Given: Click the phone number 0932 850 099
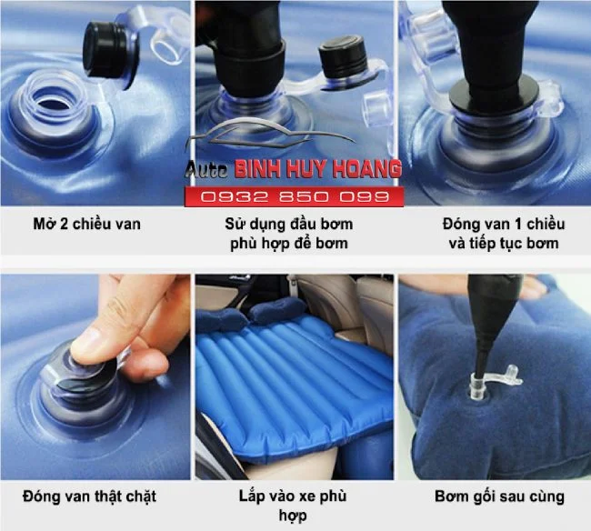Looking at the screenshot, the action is coord(295,196).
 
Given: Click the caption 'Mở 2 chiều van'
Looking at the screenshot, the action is coord(87,224).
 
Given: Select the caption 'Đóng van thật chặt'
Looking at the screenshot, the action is coord(89,496).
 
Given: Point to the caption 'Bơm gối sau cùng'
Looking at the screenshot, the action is coord(499,496).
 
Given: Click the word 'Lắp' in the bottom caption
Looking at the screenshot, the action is coord(251,496).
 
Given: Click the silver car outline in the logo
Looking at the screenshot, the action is coord(271,135).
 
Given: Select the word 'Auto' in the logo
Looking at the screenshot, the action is coord(206,170).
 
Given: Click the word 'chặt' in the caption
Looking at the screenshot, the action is coord(139,496).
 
